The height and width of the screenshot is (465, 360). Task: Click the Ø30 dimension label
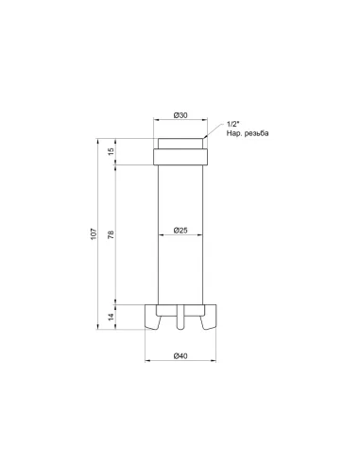(180, 115)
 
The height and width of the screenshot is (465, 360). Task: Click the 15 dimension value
(111, 152)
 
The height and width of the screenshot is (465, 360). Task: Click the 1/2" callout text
(232, 125)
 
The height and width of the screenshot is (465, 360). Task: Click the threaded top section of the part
(180, 145)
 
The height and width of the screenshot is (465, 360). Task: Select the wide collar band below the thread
(180, 157)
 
